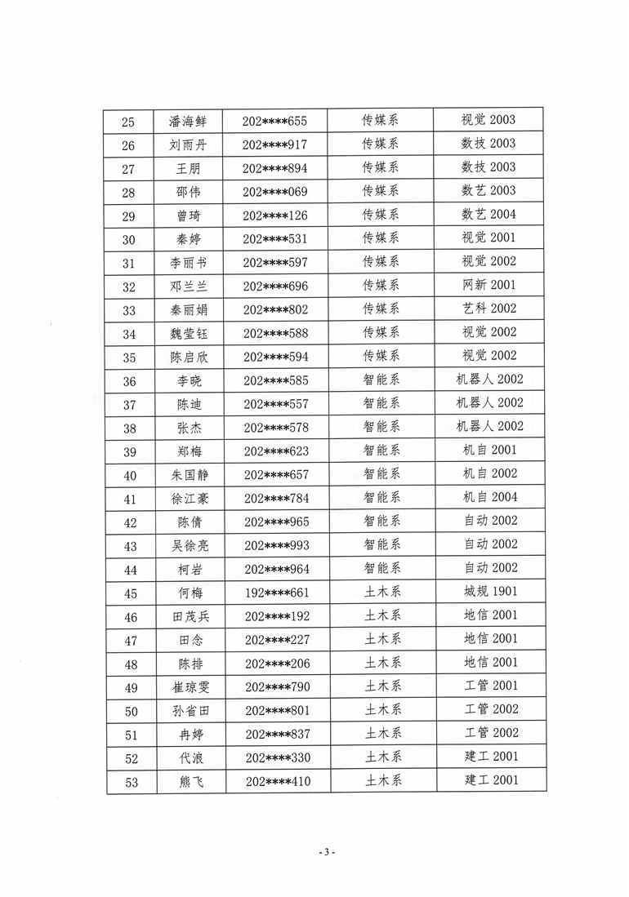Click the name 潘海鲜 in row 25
pyautogui.click(x=188, y=121)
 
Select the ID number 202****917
pyautogui.click(x=274, y=144)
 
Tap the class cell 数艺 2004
pyautogui.click(x=488, y=215)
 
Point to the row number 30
pyautogui.click(x=129, y=239)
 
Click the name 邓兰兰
pyautogui.click(x=188, y=286)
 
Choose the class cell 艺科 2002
pyautogui.click(x=488, y=309)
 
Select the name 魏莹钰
pyautogui.click(x=188, y=333)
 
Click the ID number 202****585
pyautogui.click(x=274, y=380)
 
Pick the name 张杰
pyautogui.click(x=188, y=427)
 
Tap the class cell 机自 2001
pyautogui.click(x=488, y=450)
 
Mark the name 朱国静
pyautogui.click(x=188, y=474)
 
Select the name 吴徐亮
pyautogui.click(x=188, y=545)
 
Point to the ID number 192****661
pyautogui.click(x=274, y=593)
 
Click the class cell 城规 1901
pyautogui.click(x=488, y=592)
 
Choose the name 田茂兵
pyautogui.click(x=188, y=616)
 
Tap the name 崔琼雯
pyautogui.click(x=188, y=687)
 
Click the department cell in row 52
pyautogui.click(x=381, y=757)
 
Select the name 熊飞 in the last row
pyautogui.click(x=188, y=782)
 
